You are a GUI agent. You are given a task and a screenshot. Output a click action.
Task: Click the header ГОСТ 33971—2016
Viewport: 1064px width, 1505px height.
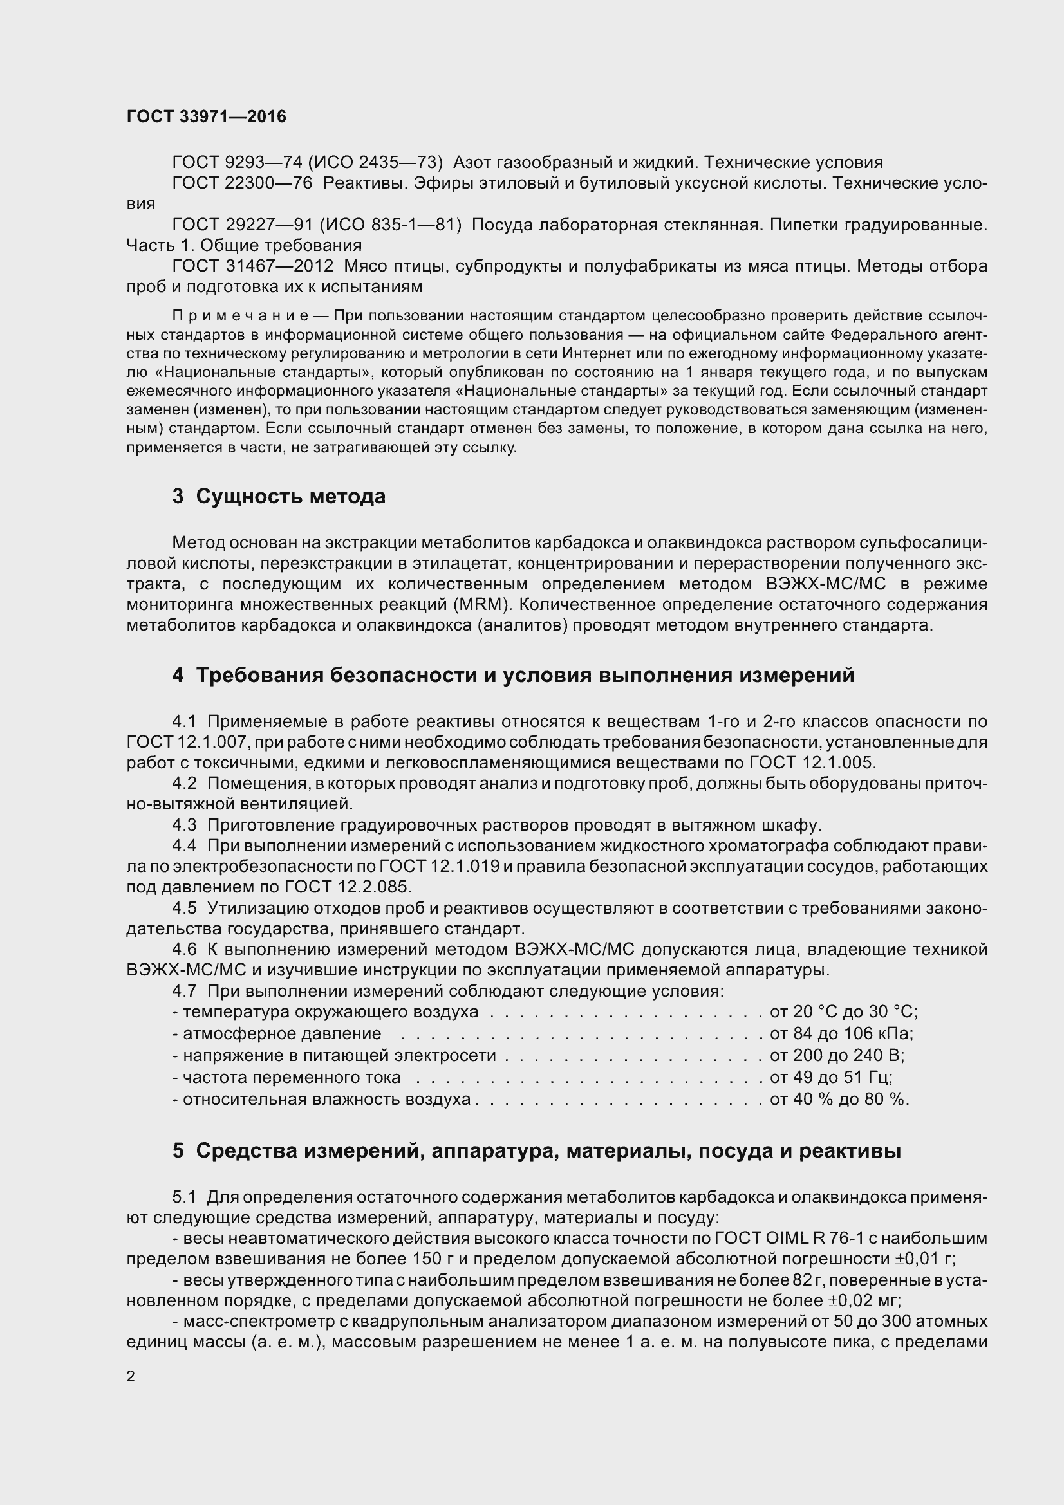pyautogui.click(x=206, y=116)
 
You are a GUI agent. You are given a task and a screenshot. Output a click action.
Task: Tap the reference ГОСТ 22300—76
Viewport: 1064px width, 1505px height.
pyautogui.click(x=242, y=183)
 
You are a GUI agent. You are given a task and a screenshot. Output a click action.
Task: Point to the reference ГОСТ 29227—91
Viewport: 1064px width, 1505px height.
pyautogui.click(x=242, y=225)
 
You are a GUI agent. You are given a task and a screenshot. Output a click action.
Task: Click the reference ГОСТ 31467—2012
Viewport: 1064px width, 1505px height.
pyautogui.click(x=253, y=266)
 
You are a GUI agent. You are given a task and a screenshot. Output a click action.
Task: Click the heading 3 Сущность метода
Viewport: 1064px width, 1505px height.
pyautogui.click(x=279, y=496)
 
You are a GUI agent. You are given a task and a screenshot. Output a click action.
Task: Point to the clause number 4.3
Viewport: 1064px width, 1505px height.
pyautogui.click(x=184, y=825)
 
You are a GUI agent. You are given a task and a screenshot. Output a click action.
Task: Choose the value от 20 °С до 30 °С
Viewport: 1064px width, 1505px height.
pyautogui.click(x=843, y=1011)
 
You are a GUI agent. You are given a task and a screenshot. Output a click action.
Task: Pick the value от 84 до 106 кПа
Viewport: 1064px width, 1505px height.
pyautogui.click(x=841, y=1034)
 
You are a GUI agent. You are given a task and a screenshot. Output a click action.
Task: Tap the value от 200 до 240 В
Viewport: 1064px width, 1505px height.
pyautogui.click(x=837, y=1055)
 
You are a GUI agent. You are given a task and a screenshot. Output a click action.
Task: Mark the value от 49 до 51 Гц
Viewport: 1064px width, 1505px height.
pyautogui.click(x=830, y=1077)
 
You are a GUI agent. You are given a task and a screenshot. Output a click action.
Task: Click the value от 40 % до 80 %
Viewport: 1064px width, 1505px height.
pyautogui.click(x=839, y=1098)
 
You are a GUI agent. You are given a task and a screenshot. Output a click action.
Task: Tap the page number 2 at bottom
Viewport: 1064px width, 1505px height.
pyautogui.click(x=131, y=1376)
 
